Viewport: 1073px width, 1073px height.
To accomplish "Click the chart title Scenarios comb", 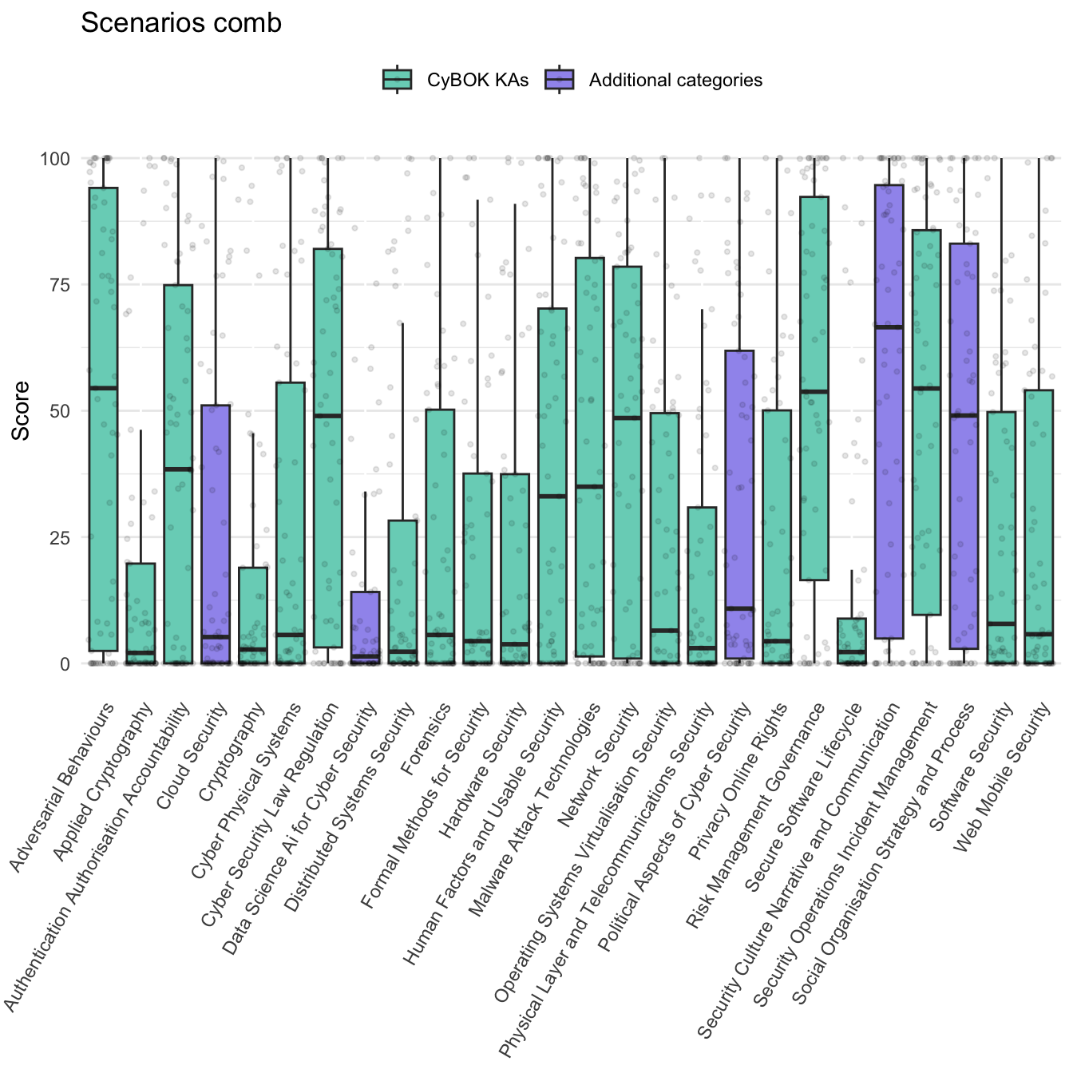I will pos(181,23).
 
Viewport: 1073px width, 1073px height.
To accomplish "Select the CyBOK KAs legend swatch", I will pos(398,80).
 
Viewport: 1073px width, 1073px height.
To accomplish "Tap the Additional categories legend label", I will pos(675,81).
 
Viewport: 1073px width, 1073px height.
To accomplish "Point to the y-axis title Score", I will pos(22,410).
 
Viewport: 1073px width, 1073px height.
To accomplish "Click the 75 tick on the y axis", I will pos(55,285).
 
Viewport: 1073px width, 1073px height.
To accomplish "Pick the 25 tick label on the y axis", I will pos(55,537).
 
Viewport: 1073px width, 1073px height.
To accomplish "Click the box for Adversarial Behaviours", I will pos(104,319).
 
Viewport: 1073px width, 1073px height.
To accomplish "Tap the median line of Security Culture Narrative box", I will pos(889,327).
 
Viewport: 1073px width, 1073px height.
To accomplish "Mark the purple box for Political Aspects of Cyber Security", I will pos(739,479).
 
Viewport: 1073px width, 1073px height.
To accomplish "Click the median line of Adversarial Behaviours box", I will pos(104,388).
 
